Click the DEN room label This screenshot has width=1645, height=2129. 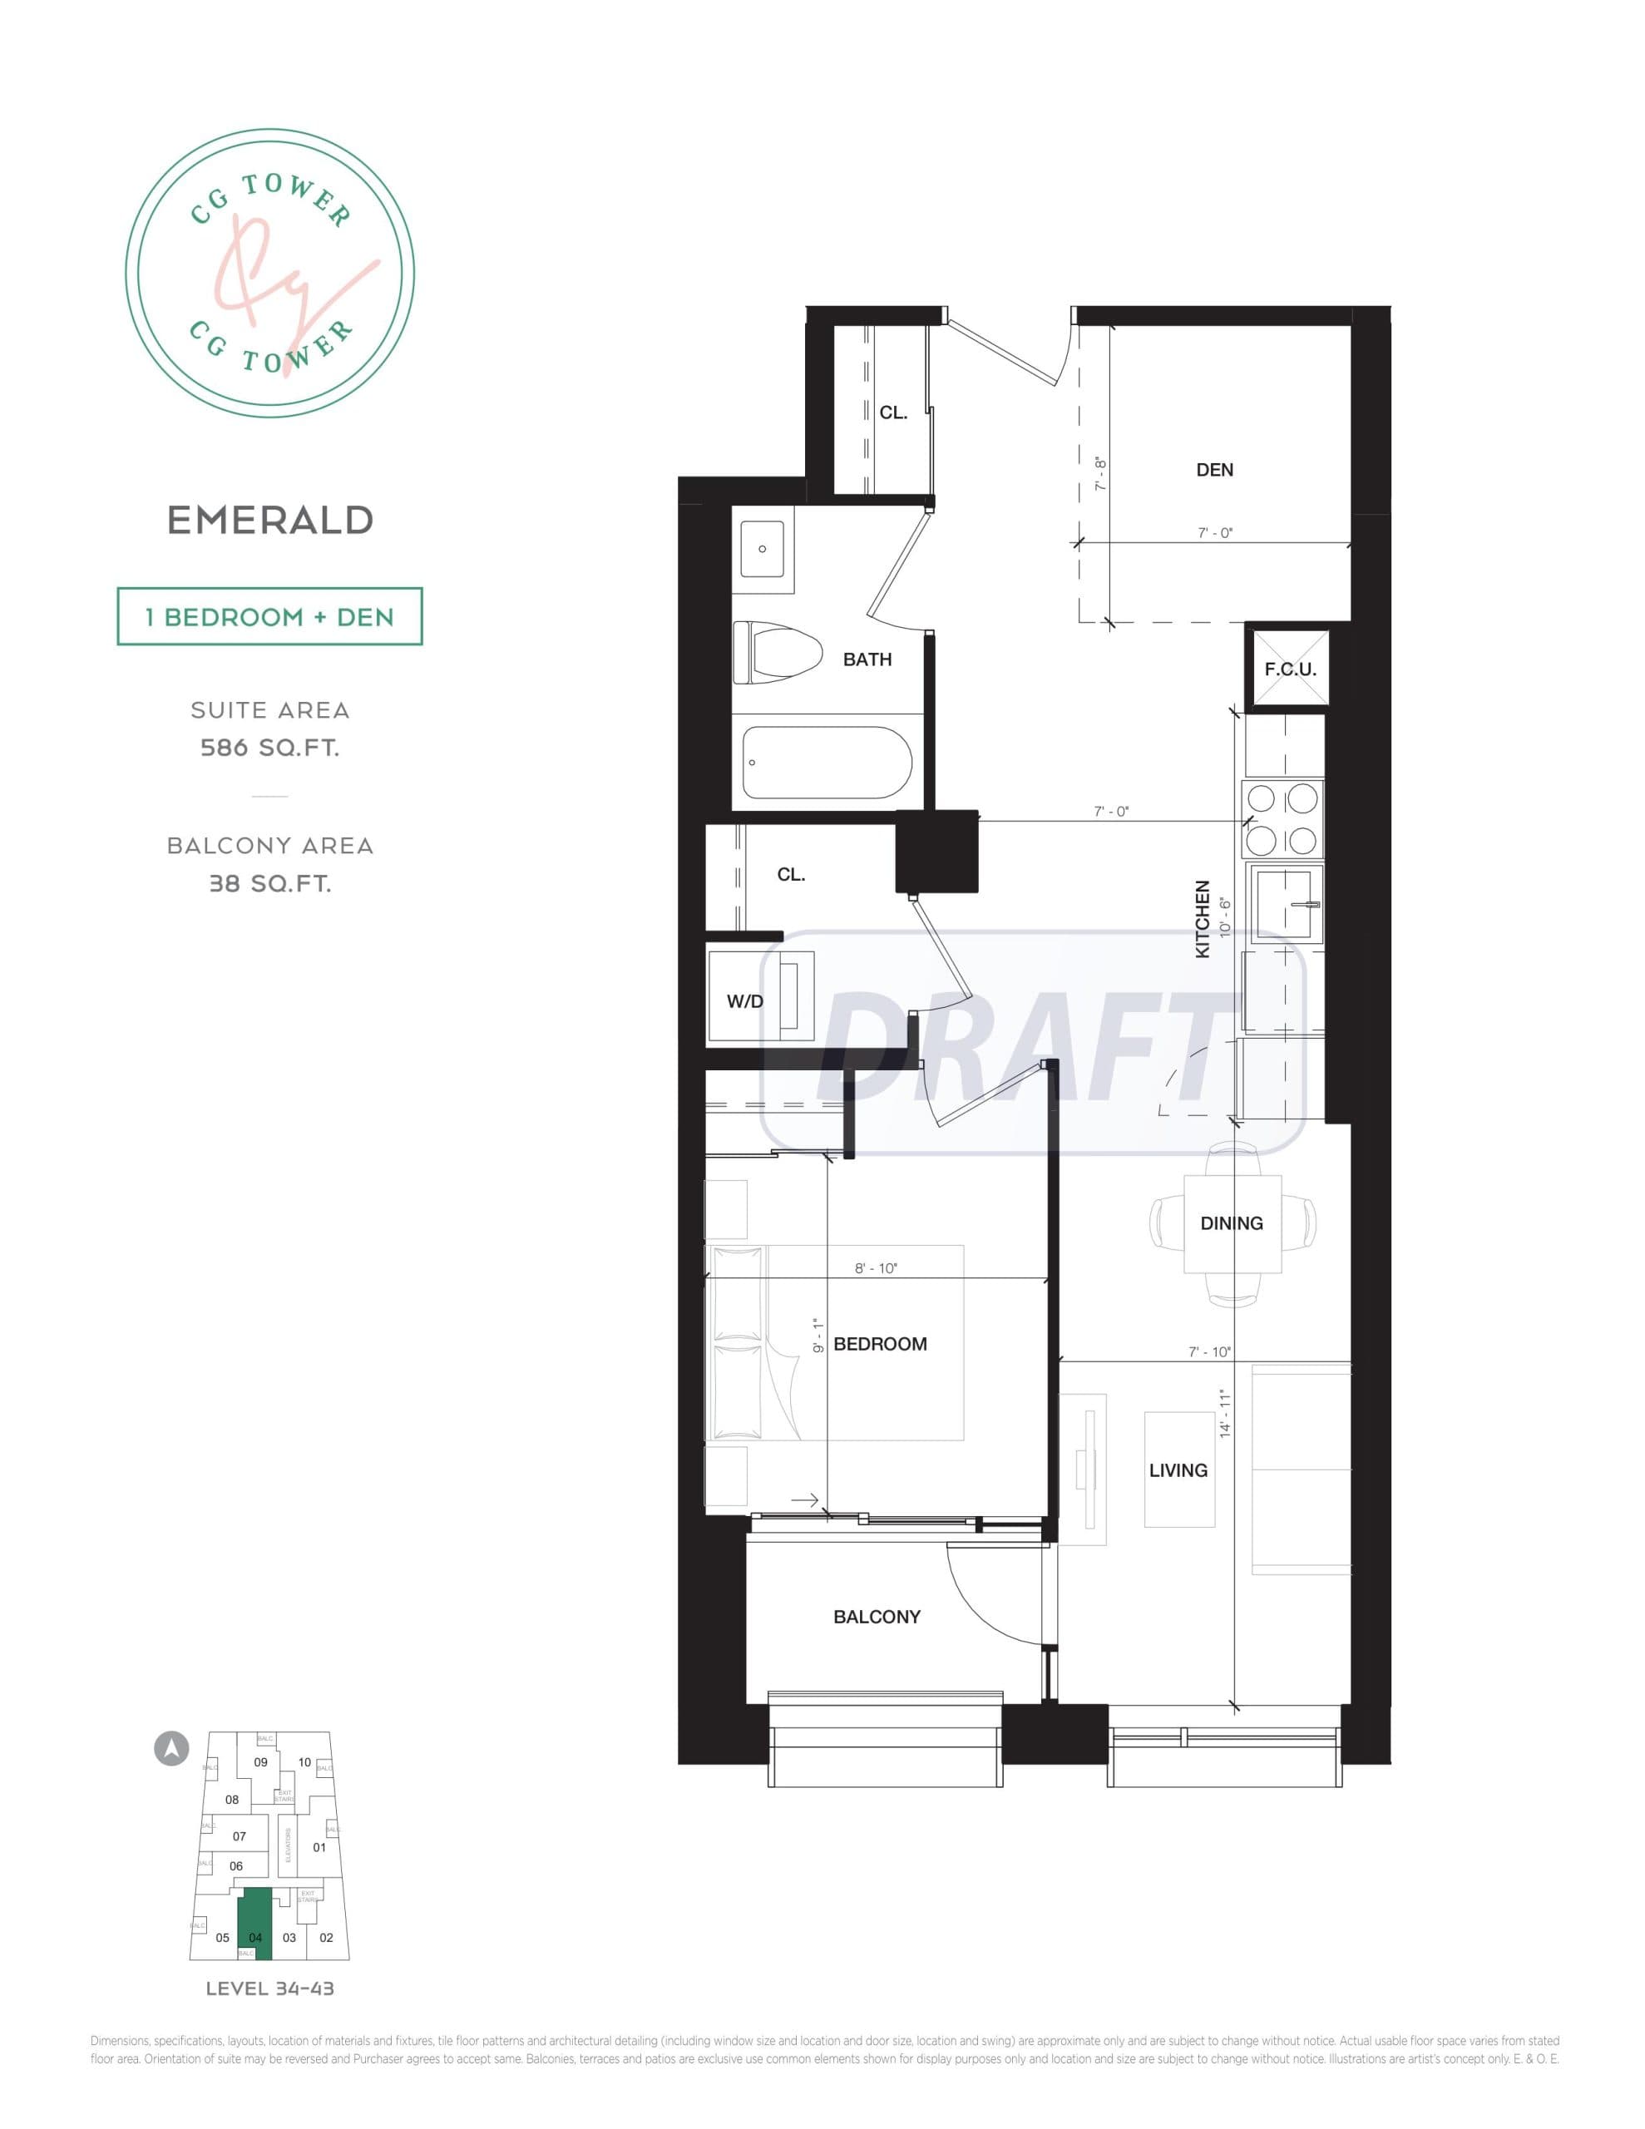click(x=1214, y=470)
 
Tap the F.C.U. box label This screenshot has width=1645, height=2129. click(x=1290, y=669)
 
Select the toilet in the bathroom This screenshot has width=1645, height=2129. click(x=777, y=653)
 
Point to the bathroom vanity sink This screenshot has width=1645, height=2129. click(x=763, y=549)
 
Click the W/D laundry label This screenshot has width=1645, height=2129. click(x=745, y=1001)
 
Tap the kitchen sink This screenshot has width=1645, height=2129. click(x=1287, y=904)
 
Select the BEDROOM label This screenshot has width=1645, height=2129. click(x=880, y=1344)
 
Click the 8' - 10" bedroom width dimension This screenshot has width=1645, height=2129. click(x=876, y=1268)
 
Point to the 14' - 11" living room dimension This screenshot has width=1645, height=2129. click(x=1226, y=1415)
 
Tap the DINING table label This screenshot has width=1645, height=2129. click(x=1232, y=1223)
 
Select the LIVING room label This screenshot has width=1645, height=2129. click(x=1178, y=1470)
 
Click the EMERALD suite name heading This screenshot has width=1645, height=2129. click(x=270, y=521)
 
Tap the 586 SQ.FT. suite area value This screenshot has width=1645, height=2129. click(x=270, y=748)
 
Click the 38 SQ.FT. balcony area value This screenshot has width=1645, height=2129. click(x=270, y=884)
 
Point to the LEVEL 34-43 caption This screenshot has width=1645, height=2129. click(x=270, y=1988)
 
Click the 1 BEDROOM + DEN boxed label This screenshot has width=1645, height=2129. click(x=270, y=617)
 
